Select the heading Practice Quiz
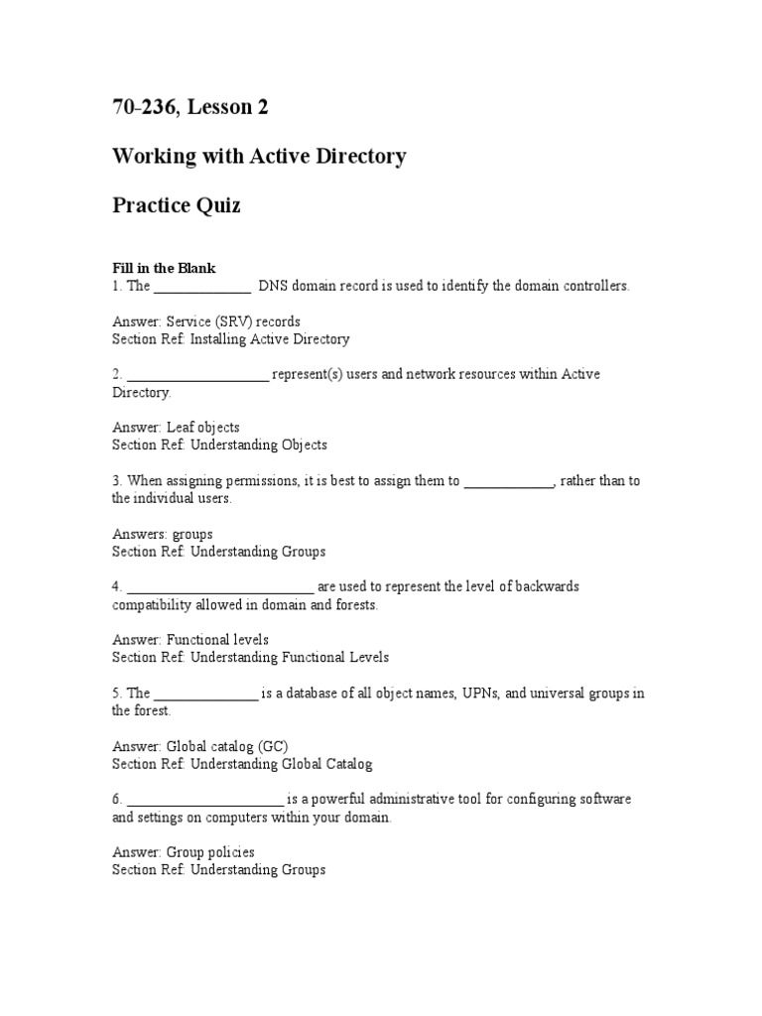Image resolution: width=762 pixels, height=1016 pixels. click(x=176, y=206)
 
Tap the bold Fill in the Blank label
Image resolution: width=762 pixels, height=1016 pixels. click(x=163, y=268)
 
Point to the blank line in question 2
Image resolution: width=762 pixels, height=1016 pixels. click(x=197, y=375)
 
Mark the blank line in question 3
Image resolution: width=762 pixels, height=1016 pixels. click(x=509, y=482)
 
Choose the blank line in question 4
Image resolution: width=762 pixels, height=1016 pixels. click(x=220, y=587)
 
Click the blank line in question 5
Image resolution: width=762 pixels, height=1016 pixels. click(x=205, y=695)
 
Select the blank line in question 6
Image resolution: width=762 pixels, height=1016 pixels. click(x=205, y=801)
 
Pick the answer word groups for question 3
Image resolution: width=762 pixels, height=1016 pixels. click(x=192, y=534)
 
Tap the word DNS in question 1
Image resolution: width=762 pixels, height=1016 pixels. click(x=272, y=286)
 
